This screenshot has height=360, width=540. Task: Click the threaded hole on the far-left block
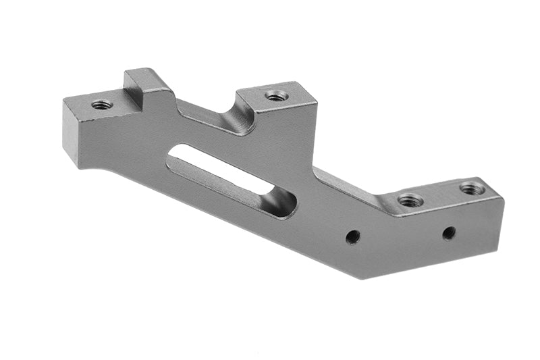(x=102, y=105)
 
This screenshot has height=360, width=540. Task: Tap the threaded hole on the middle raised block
(x=275, y=96)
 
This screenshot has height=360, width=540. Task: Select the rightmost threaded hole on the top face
(x=472, y=188)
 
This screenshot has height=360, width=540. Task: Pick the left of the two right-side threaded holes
(x=410, y=201)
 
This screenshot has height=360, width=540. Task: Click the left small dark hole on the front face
(x=352, y=236)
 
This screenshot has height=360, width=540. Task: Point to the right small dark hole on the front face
(x=449, y=233)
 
